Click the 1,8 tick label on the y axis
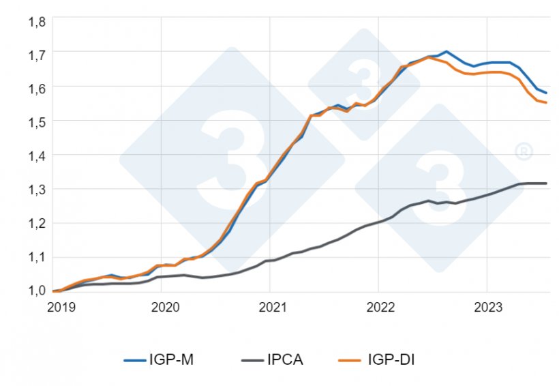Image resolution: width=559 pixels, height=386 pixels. [x=36, y=21]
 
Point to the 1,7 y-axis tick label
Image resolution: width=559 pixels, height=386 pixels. [x=36, y=53]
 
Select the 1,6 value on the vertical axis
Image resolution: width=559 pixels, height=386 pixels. [x=36, y=87]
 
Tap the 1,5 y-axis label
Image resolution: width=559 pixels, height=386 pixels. [x=36, y=121]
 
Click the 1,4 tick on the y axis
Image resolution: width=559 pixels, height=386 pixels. [x=36, y=155]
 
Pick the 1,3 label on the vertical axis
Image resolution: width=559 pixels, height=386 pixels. [x=36, y=190]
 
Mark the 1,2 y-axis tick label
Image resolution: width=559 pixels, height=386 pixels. [x=36, y=223]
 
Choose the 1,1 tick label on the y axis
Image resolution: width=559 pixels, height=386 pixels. [x=36, y=258]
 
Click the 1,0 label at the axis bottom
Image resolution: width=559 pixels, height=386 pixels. [x=36, y=291]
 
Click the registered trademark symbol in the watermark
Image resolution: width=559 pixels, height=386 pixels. [x=524, y=151]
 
